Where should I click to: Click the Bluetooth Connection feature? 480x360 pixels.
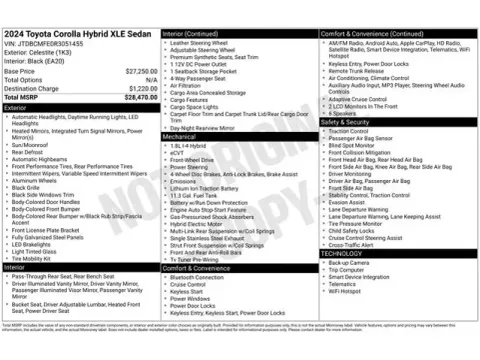[x=204, y=276]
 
